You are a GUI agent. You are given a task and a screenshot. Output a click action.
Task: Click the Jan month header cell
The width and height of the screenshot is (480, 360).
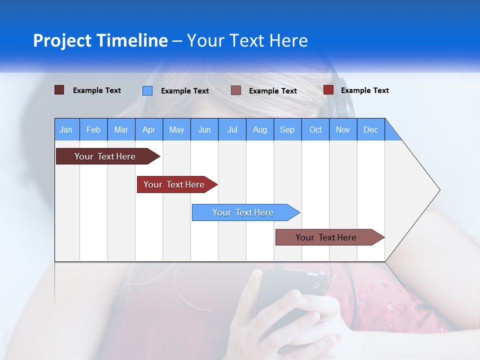coord(66,129)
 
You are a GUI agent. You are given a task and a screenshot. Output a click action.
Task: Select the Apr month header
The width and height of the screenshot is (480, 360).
coord(149,129)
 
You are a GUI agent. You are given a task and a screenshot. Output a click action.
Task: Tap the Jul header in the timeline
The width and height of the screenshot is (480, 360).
coord(232,129)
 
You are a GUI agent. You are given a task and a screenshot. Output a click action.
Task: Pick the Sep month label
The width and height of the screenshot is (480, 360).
coord(287,129)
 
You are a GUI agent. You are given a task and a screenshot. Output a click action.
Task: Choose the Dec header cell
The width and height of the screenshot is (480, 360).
coord(370,129)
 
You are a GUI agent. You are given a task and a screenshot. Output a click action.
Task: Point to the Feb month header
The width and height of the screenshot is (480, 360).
coord(93,129)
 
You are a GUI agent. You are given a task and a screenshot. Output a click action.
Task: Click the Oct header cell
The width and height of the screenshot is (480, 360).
coord(315,129)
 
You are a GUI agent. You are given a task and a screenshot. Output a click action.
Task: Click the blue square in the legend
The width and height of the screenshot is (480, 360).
coord(147,90)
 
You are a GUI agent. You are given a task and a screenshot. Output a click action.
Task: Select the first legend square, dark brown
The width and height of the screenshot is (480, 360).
coord(59,90)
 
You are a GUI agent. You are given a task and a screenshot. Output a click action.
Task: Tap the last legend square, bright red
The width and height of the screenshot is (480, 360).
coord(328,90)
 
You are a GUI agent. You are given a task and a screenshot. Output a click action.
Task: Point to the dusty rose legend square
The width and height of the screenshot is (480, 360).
coord(236,90)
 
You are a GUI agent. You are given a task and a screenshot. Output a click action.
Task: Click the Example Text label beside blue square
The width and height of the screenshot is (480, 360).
coord(184,91)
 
